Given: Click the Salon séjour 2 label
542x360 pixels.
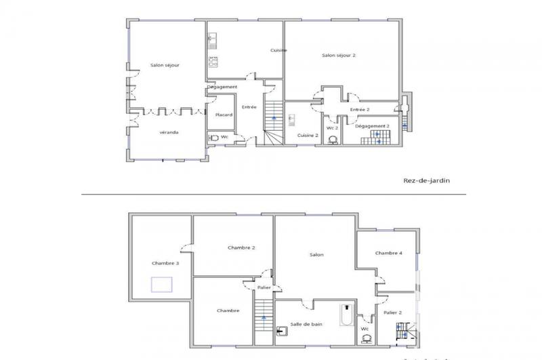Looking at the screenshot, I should coord(337,55).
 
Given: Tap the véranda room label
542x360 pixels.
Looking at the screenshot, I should coord(169,132).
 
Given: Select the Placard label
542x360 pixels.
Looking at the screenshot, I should coord(224,115).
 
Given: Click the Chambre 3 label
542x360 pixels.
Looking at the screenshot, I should coord(165,263).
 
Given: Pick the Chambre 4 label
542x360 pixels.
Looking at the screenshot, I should coord(389,253).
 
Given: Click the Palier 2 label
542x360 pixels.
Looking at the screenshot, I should coord(392,313).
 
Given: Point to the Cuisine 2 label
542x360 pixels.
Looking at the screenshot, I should coord(308,136).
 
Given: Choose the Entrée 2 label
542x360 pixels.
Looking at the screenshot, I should coord(359,109).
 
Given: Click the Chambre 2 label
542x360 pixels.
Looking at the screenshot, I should coord(241,248).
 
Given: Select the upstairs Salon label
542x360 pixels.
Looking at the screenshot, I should coord(316,255).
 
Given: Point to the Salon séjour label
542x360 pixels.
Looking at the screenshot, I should coord(165,65).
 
